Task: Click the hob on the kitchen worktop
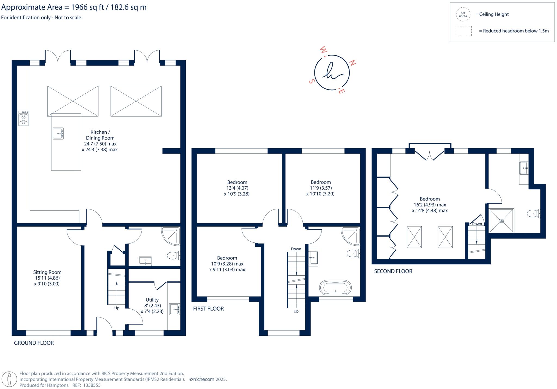pyautogui.click(x=23, y=118)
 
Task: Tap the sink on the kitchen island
pyautogui.click(x=58, y=133)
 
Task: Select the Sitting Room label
pyautogui.click(x=47, y=272)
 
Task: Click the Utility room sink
pyautogui.click(x=174, y=309)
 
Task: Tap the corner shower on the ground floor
pyautogui.click(x=171, y=236)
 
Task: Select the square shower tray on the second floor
pyautogui.click(x=502, y=221)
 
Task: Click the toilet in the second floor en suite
pyautogui.click(x=533, y=214)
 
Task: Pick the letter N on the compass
pyautogui.click(x=352, y=63)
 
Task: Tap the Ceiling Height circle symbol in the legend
pyautogui.click(x=463, y=14)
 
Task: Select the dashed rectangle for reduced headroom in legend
pyautogui.click(x=463, y=31)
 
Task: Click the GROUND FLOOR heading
pyautogui.click(x=34, y=343)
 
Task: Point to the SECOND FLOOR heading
pyautogui.click(x=393, y=271)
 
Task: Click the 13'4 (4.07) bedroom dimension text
pyautogui.click(x=237, y=188)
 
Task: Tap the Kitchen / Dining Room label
pyautogui.click(x=100, y=135)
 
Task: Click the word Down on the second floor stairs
pyautogui.click(x=477, y=224)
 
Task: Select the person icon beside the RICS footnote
pyautogui.click(x=10, y=379)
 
